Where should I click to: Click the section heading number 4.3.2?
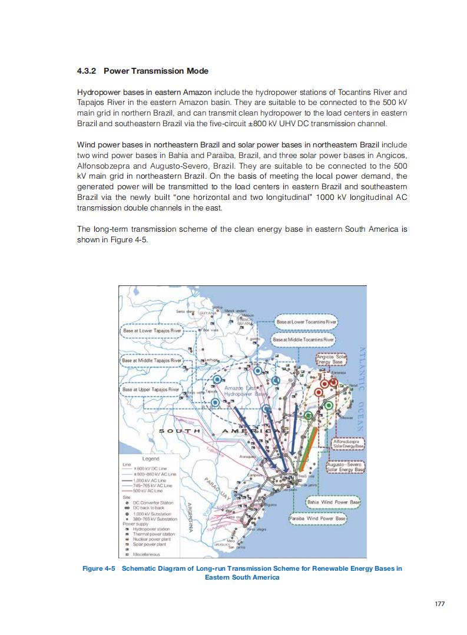(x=88, y=71)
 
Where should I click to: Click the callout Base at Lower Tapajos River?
(x=153, y=331)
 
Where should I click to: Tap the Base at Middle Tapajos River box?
(x=153, y=360)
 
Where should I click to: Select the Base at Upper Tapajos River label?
(x=151, y=390)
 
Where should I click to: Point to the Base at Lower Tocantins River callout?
(x=306, y=323)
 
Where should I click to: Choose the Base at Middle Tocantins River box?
(x=303, y=340)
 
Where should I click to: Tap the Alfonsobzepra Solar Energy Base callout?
(x=347, y=444)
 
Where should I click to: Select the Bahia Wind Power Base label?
(x=333, y=502)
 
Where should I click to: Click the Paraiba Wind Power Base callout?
(x=318, y=518)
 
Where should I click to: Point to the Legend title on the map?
(x=151, y=458)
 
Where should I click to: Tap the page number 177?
(x=439, y=603)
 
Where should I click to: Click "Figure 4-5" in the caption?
(x=101, y=568)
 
